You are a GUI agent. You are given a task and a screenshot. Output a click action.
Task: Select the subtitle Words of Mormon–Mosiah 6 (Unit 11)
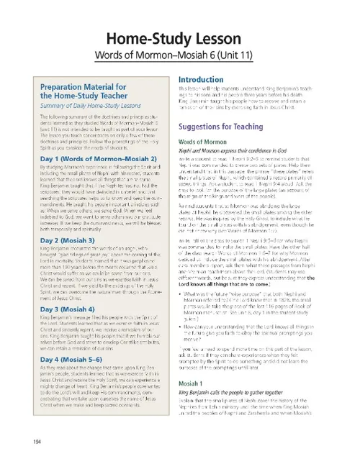180,54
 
